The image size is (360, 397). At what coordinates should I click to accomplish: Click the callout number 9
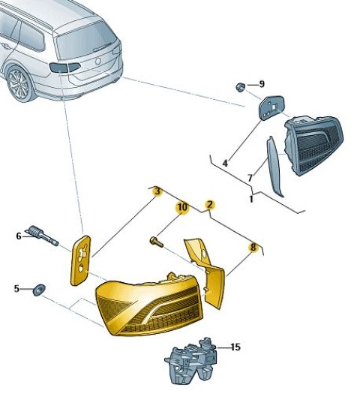pos(262,84)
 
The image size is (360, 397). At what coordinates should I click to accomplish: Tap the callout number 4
pos(225,164)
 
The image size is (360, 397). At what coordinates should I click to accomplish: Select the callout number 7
pos(250,178)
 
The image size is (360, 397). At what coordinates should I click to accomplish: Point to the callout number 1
pos(251,199)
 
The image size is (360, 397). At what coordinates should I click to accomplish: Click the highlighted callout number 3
pos(157,191)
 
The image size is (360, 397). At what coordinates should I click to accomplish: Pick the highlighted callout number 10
pos(183,207)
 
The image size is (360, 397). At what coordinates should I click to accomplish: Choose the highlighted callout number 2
pos(210,205)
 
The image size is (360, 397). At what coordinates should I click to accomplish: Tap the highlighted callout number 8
pos(253,247)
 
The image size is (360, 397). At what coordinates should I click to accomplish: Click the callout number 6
pos(19,236)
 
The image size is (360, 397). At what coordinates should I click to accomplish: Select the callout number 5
pos(16,289)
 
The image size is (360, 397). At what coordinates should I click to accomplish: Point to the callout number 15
pos(235,347)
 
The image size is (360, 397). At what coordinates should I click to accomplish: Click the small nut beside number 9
pos(240,87)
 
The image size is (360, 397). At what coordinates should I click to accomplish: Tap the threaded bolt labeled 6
pos(42,235)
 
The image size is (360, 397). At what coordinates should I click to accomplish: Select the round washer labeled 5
pos(39,290)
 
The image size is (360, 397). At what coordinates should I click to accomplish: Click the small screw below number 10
pos(157,242)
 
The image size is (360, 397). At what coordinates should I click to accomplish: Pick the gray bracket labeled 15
pos(191,360)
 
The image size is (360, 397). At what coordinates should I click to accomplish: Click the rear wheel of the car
pos(19,83)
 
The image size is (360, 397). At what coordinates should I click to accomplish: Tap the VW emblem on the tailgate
pos(97,62)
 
